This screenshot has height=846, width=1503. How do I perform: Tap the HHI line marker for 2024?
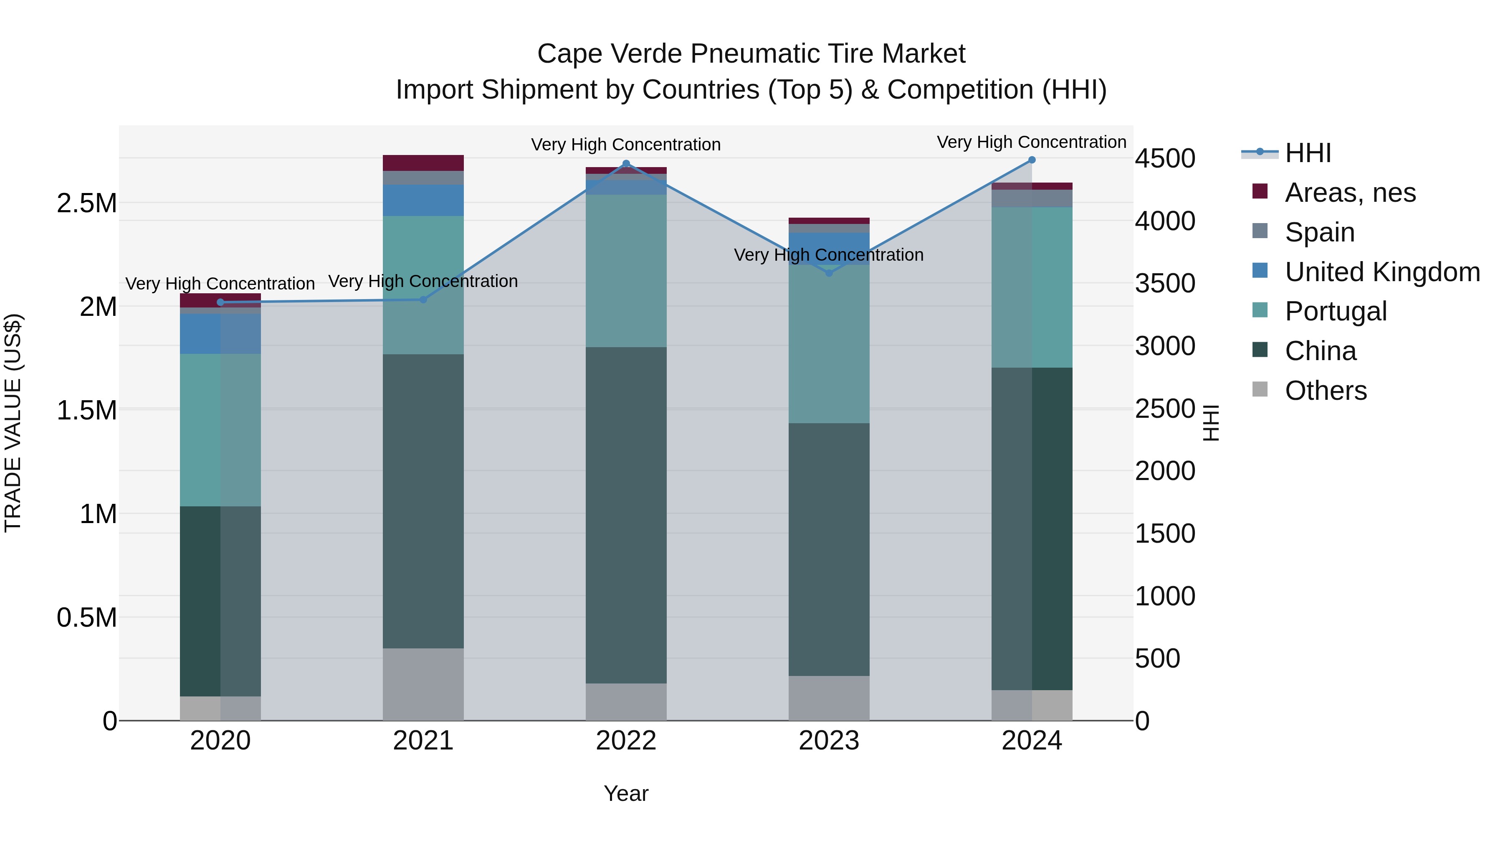(x=1032, y=160)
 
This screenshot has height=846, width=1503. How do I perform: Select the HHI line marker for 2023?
(x=829, y=273)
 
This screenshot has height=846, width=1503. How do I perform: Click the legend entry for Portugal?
(x=1336, y=311)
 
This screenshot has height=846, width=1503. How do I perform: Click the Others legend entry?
(x=1325, y=391)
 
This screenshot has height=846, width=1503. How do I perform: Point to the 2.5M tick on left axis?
(x=87, y=204)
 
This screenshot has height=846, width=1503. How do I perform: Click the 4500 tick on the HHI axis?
(x=1164, y=159)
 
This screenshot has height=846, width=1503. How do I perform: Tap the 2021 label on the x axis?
(x=423, y=741)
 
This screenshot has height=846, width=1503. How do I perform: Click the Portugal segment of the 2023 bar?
(x=829, y=345)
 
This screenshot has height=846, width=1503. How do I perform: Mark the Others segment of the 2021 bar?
(x=423, y=684)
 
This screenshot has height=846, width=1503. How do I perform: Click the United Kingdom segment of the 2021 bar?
(x=423, y=200)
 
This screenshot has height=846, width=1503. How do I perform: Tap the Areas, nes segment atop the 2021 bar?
(x=423, y=163)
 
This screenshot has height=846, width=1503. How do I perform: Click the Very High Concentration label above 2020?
(x=220, y=284)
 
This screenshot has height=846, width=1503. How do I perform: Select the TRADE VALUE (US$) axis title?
(x=13, y=423)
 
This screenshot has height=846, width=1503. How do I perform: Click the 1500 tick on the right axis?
(x=1164, y=534)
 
